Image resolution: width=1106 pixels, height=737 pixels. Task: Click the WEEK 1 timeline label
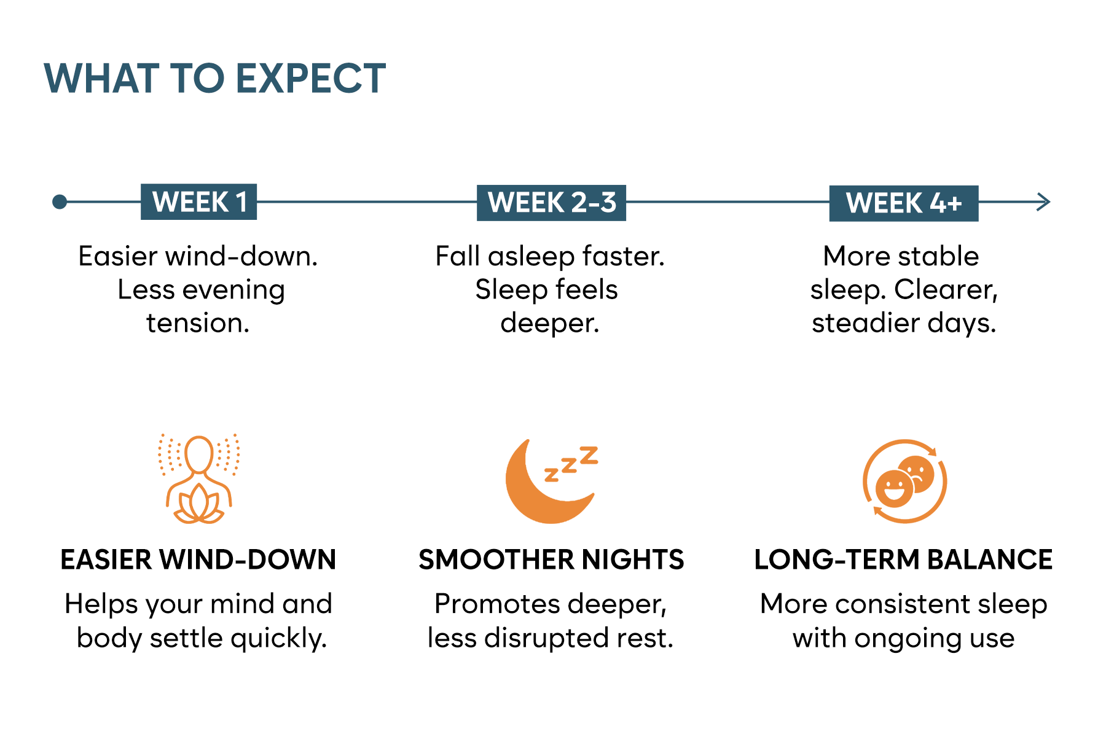(198, 202)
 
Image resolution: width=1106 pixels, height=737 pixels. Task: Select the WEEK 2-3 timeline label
(551, 203)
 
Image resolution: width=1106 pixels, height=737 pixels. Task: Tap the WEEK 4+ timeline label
(904, 203)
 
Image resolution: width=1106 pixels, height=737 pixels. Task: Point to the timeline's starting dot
(60, 201)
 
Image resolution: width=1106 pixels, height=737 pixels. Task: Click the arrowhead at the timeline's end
(1044, 201)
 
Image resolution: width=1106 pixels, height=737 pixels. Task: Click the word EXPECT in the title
(310, 79)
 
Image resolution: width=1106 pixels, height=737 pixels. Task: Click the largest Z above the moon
(589, 455)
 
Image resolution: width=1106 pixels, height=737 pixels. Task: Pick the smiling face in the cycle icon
(894, 489)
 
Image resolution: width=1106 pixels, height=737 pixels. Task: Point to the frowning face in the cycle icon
(916, 474)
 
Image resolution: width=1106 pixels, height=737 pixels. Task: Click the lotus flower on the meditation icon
(198, 505)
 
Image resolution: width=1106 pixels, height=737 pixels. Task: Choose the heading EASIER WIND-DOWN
(198, 560)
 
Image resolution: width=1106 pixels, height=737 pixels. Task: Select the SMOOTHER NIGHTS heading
(551, 560)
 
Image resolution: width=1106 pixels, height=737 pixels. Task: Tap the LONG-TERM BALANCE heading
(903, 560)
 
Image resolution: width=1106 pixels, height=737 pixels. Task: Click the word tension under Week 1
(194, 323)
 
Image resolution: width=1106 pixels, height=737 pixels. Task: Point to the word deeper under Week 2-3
(546, 324)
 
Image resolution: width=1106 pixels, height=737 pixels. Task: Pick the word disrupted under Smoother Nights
(546, 639)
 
